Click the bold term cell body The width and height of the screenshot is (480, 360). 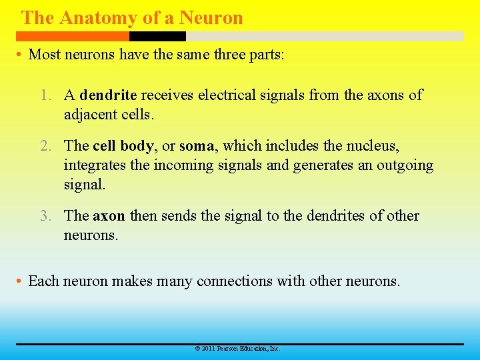[x=123, y=146]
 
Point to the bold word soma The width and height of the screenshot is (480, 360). [x=197, y=146]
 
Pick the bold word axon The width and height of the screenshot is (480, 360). [x=108, y=216]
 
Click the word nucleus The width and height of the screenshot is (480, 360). [x=375, y=146]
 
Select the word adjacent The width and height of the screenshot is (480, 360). [x=90, y=114]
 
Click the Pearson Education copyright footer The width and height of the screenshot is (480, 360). [x=237, y=349]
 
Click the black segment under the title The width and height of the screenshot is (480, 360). [x=157, y=37]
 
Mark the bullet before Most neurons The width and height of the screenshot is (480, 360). [x=19, y=55]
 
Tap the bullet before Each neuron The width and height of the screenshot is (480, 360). [x=19, y=282]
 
